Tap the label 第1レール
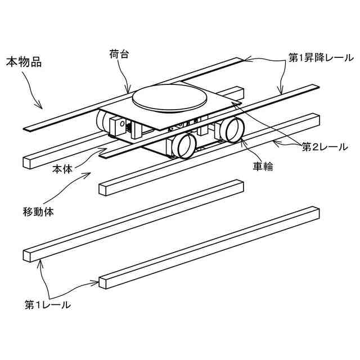coord(47,305)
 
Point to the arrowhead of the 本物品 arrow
coord(41,106)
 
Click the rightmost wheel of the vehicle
coord(231,129)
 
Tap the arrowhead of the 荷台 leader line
coord(130,92)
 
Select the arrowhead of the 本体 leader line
coord(107,148)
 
